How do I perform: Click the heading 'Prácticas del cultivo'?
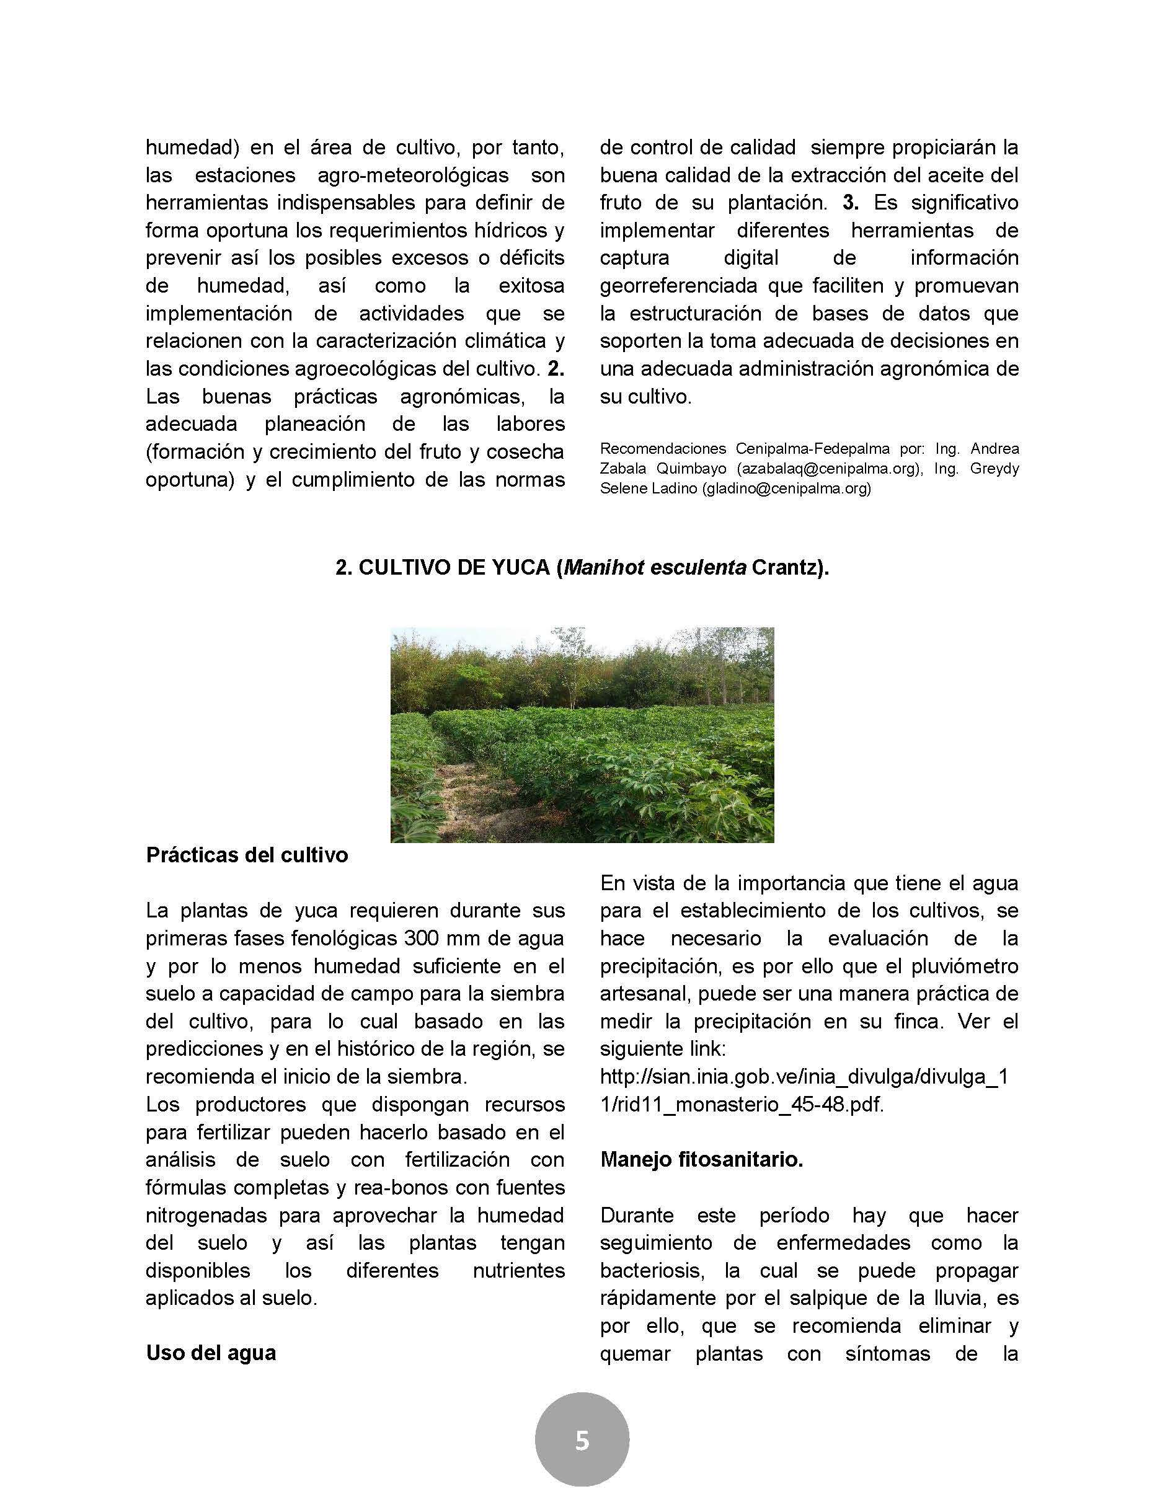(247, 855)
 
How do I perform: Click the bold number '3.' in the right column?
(850, 203)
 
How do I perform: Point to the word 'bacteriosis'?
(658, 1270)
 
